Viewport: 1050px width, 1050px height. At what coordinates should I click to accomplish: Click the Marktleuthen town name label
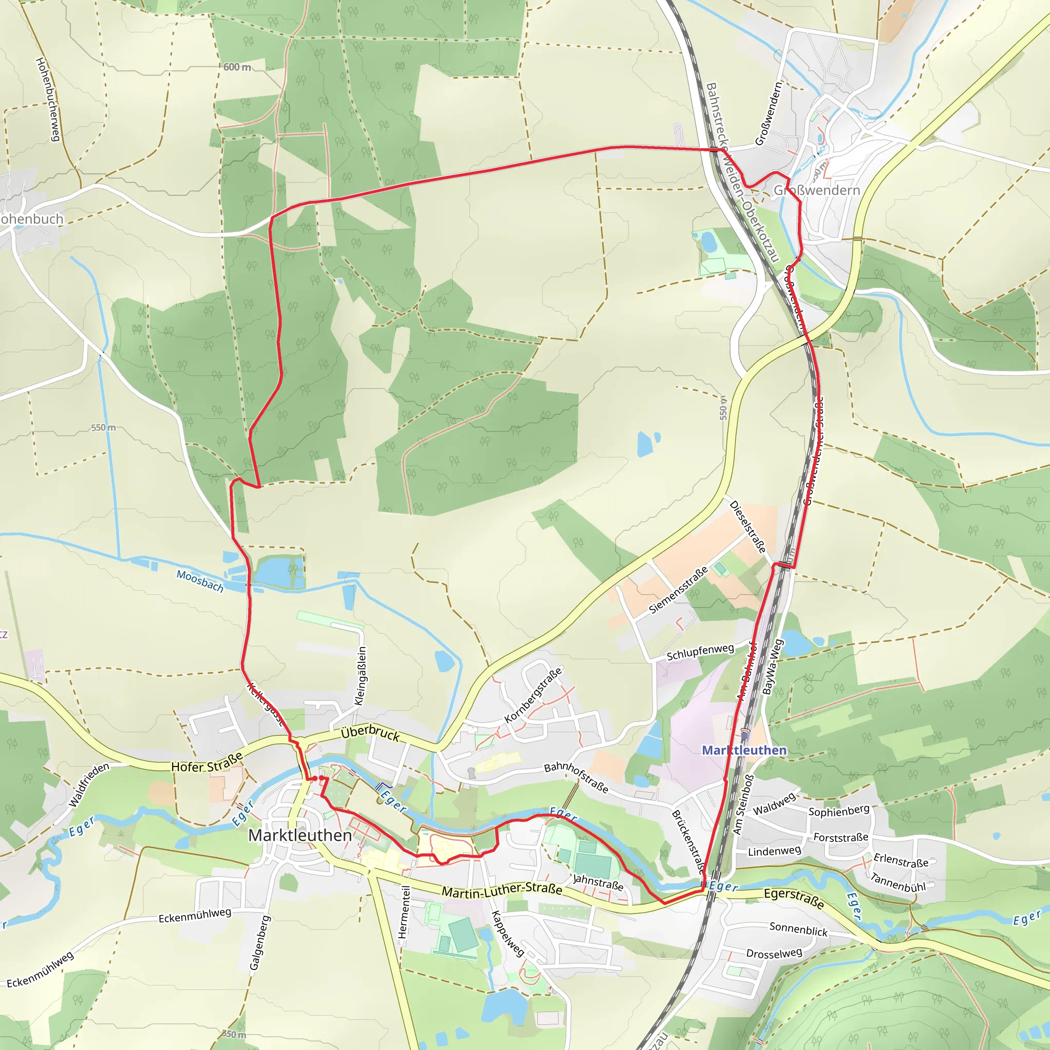coord(300,835)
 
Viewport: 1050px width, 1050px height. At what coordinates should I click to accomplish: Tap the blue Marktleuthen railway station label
coord(744,750)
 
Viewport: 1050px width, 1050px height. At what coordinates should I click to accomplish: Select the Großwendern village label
coord(817,190)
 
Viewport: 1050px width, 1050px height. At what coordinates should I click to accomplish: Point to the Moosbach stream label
coord(200,581)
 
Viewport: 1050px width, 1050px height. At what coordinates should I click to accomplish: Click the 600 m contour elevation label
coord(237,67)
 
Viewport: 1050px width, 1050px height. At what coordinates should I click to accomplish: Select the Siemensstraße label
coord(679,590)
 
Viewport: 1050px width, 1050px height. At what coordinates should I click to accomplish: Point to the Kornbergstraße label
coord(533,695)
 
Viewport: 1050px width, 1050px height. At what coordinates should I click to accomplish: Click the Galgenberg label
coord(259,943)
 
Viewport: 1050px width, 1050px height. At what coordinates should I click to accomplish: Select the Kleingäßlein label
coord(361,676)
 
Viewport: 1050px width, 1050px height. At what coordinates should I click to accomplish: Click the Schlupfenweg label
coord(700,652)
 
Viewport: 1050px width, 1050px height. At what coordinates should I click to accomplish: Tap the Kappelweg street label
coord(508,933)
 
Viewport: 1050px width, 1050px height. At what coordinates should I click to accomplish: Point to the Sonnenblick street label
coord(798,929)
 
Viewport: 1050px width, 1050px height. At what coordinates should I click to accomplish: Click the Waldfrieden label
coord(89,785)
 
